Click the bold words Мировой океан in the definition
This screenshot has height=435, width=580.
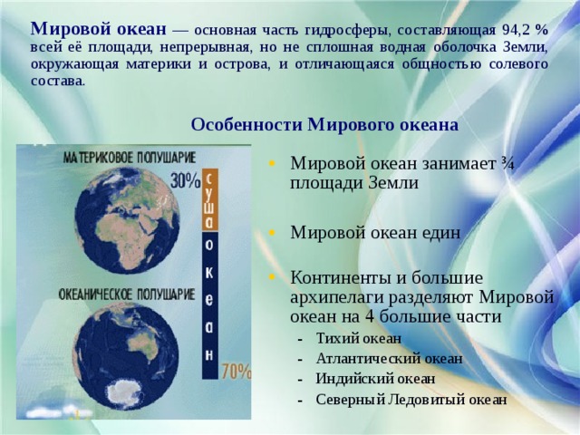click(x=99, y=29)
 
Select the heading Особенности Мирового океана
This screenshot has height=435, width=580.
click(x=324, y=125)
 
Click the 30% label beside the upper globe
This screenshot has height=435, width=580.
click(x=185, y=181)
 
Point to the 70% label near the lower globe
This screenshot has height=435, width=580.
click(x=236, y=371)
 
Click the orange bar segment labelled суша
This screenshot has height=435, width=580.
click(x=209, y=200)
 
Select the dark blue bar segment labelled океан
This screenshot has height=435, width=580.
click(x=209, y=305)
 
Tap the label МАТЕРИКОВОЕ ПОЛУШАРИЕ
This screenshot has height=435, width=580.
click(x=130, y=158)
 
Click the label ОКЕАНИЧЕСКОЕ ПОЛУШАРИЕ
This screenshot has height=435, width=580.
click(x=127, y=295)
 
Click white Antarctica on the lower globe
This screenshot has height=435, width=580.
click(x=123, y=392)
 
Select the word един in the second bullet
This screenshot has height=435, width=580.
click(x=439, y=233)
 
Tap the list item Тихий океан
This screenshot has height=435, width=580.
click(x=359, y=338)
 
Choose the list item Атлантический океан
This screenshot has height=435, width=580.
click(x=389, y=359)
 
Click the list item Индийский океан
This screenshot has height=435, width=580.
click(x=375, y=379)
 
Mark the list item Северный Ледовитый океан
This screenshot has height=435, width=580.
click(x=411, y=400)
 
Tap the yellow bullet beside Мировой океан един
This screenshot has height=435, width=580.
click(x=272, y=233)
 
